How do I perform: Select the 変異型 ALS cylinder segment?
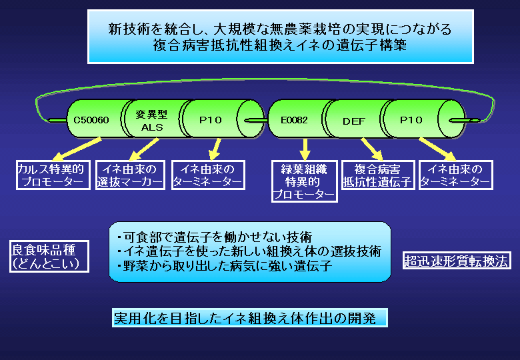149,120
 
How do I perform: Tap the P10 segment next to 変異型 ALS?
211,120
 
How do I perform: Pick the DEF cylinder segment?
354,121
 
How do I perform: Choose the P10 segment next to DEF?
411,120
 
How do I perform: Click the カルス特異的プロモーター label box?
53,175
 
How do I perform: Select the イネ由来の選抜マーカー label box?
130,175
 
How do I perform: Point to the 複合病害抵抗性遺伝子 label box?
378,175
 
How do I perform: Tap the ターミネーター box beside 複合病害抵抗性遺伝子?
455,175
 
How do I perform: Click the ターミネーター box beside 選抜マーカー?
207,175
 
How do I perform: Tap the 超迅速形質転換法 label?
457,261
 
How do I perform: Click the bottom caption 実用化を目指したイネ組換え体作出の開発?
249,318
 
